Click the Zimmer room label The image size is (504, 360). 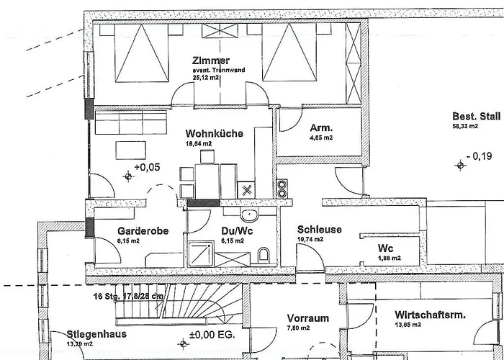pos(210,60)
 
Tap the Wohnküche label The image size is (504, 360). pos(214,133)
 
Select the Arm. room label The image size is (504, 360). pos(320,127)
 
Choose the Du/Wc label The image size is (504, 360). pos(234,231)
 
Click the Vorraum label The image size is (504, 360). pos(307,318)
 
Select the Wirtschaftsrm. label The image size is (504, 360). pos(430,315)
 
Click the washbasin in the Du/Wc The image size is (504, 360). pos(249,215)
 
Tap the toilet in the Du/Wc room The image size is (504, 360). pos(264,253)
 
